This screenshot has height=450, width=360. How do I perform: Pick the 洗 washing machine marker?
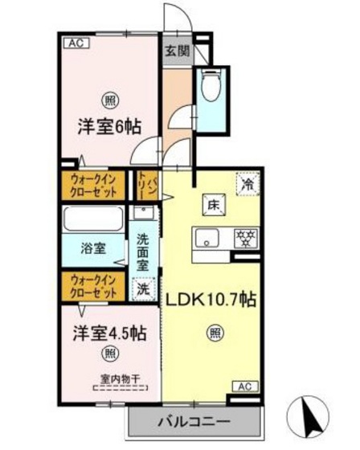142,287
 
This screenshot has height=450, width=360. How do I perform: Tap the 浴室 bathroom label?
92,248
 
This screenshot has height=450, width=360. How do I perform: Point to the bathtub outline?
92,219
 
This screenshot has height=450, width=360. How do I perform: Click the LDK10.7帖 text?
211,299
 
